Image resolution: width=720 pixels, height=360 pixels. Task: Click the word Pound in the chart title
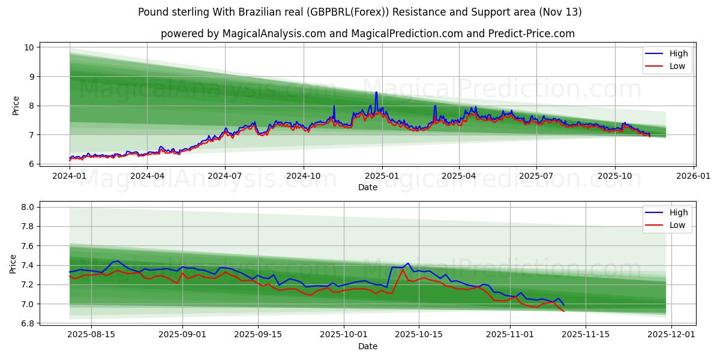(x=152, y=12)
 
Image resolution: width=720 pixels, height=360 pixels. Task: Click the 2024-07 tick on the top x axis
(x=225, y=176)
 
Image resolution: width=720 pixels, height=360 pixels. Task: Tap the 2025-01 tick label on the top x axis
(x=382, y=176)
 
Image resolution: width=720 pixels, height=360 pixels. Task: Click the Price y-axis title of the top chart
(x=16, y=106)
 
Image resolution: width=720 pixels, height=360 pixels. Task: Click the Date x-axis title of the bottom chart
(x=368, y=346)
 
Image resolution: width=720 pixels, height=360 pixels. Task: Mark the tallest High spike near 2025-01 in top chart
(x=376, y=92)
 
